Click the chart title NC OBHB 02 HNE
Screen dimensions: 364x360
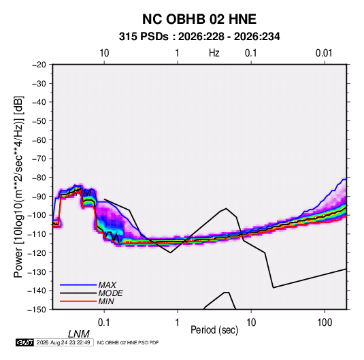pyautogui.click(x=199, y=19)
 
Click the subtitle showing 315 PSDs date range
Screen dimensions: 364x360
pyautogui.click(x=199, y=37)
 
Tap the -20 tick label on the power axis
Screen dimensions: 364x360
pyautogui.click(x=39, y=65)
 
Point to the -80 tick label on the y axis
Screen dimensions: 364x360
pyautogui.click(x=39, y=178)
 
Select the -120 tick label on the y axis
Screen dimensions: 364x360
pyautogui.click(x=37, y=252)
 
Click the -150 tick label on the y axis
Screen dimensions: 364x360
pyautogui.click(x=37, y=310)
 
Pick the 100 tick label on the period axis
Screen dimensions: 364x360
pyautogui.click(x=325, y=323)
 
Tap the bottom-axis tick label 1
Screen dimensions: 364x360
pyautogui.click(x=178, y=323)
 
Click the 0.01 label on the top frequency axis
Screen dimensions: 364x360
pyautogui.click(x=324, y=53)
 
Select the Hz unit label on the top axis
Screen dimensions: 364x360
pyautogui.click(x=214, y=53)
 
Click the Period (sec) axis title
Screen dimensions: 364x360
pyautogui.click(x=214, y=330)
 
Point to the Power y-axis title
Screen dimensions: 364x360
pyautogui.click(x=18, y=186)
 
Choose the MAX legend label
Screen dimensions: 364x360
pyautogui.click(x=107, y=284)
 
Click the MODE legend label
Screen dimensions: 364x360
pyautogui.click(x=110, y=293)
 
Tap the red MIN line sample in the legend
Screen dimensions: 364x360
pyautogui.click(x=78, y=301)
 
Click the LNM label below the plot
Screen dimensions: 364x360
pyautogui.click(x=79, y=334)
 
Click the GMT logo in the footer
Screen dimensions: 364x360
pyautogui.click(x=24, y=342)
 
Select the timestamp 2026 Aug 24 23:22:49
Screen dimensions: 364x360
pyautogui.click(x=63, y=342)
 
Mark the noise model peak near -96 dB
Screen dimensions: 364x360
pyautogui.click(x=227, y=208)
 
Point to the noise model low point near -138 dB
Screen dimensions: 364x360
pyautogui.click(x=274, y=288)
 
